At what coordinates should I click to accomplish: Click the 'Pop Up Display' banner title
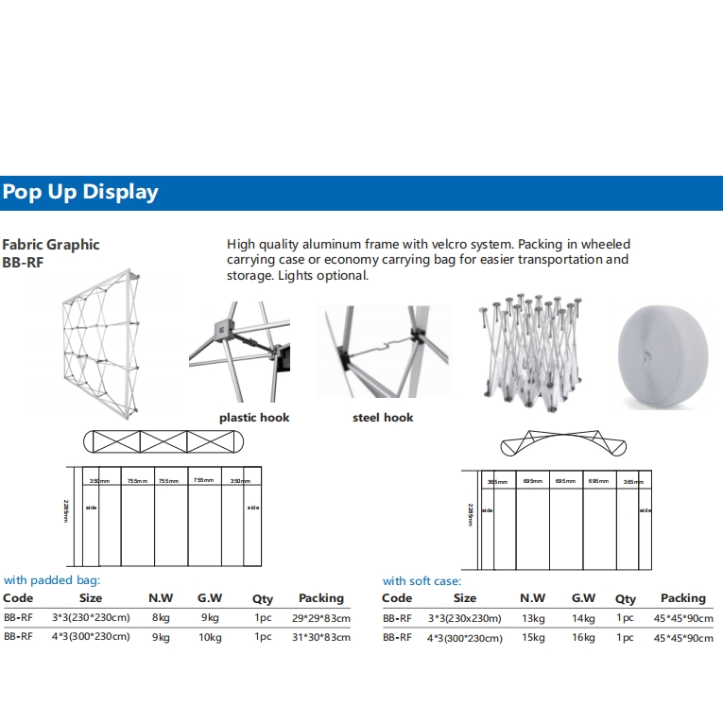click(x=80, y=192)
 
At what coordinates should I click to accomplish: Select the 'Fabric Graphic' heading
click(x=51, y=245)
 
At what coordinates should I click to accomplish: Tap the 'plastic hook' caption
click(x=254, y=417)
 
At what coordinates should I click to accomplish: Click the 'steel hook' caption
click(x=383, y=417)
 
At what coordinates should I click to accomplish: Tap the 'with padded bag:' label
click(x=52, y=579)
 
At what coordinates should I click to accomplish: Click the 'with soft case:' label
click(x=422, y=581)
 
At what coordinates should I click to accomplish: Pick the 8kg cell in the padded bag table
click(x=160, y=618)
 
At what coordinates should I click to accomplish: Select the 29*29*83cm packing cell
click(x=320, y=618)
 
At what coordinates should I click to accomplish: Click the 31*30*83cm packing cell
click(x=320, y=637)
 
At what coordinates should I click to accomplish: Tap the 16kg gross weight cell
click(x=583, y=638)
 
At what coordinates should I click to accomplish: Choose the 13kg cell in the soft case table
click(x=533, y=619)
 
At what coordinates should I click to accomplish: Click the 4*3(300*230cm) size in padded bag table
click(x=91, y=637)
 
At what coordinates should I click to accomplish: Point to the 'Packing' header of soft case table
click(x=683, y=598)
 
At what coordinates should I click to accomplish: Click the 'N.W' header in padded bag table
click(x=160, y=598)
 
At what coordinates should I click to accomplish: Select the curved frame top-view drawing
click(x=557, y=443)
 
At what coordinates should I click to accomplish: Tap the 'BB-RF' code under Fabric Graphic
click(x=24, y=264)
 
